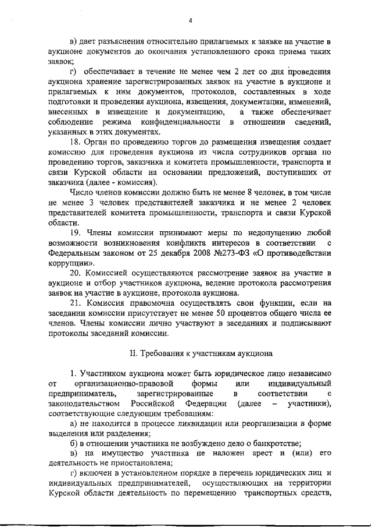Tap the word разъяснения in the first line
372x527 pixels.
click(119, 41)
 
